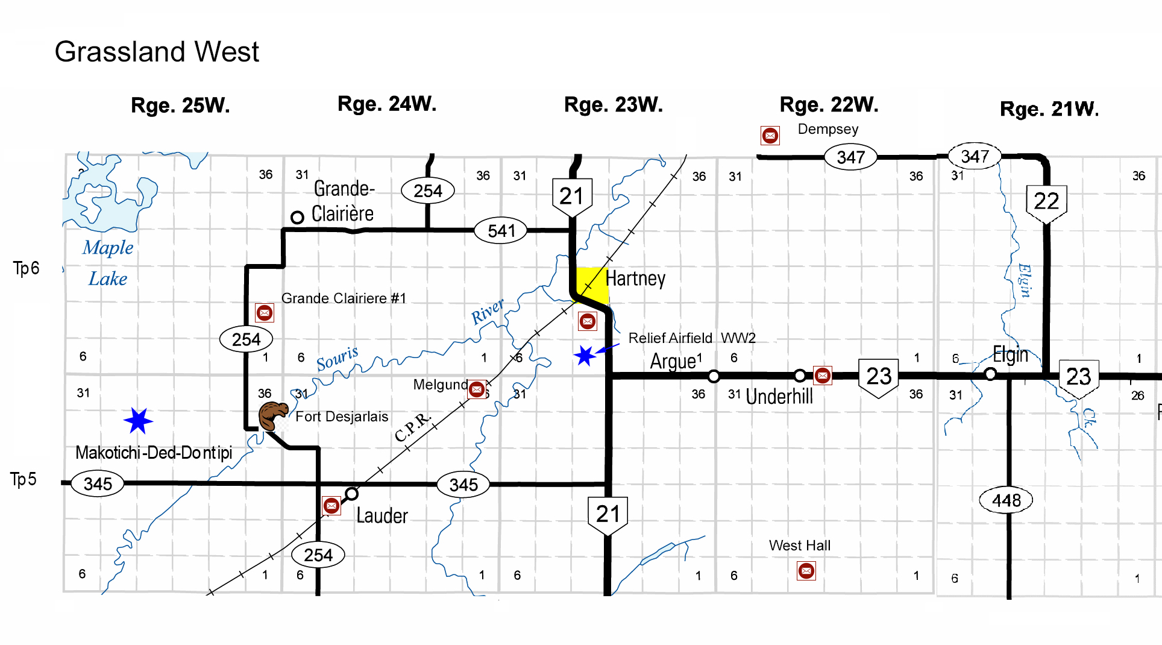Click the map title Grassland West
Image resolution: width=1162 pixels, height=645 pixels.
157,52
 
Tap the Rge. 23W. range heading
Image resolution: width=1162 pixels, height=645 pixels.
613,105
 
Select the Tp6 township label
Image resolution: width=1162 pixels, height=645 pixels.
26,268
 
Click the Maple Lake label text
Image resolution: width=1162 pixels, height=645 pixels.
108,263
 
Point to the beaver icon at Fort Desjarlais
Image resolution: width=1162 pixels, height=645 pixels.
272,415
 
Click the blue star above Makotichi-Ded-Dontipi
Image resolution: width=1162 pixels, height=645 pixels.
138,421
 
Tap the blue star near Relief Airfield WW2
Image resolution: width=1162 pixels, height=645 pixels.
584,356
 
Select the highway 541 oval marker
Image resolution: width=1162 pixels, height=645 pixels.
501,230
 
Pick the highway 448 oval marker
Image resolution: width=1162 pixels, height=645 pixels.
1006,500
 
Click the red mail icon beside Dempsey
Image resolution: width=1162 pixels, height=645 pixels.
770,136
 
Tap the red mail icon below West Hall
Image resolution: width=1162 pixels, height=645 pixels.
806,570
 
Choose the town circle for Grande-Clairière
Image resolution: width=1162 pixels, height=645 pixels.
297,217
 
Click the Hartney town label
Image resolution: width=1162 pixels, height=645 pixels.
635,278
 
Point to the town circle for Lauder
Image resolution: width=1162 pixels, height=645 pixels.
351,494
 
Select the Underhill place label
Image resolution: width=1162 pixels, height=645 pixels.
779,397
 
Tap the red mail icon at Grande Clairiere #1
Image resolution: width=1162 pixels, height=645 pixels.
264,313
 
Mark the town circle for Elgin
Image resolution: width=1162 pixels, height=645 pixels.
990,374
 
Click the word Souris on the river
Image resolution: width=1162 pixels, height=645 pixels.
338,359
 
